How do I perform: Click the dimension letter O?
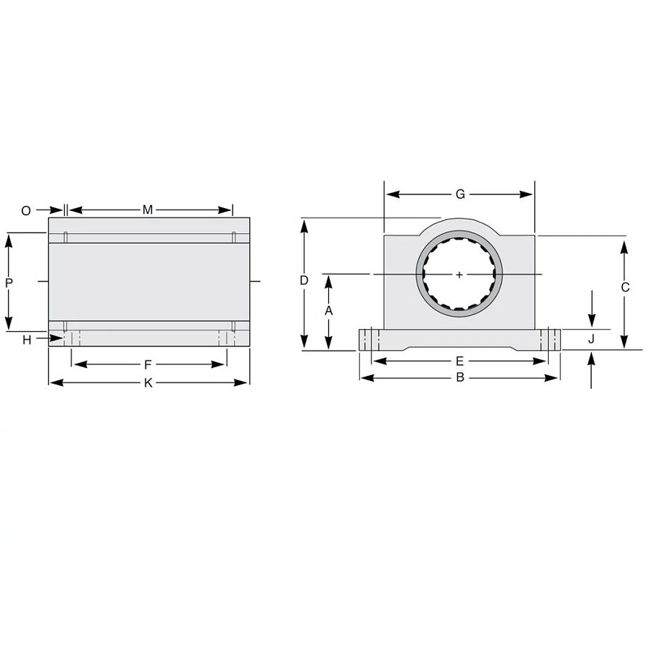(26, 211)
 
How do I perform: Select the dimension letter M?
(148, 210)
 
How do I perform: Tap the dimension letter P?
(9, 283)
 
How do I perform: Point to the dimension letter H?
(27, 340)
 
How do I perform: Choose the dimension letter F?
(148, 365)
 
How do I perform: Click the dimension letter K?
(148, 383)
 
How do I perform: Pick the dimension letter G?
(460, 194)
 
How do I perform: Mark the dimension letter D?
(304, 281)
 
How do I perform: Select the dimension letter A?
(328, 311)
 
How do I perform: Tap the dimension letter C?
(625, 287)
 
